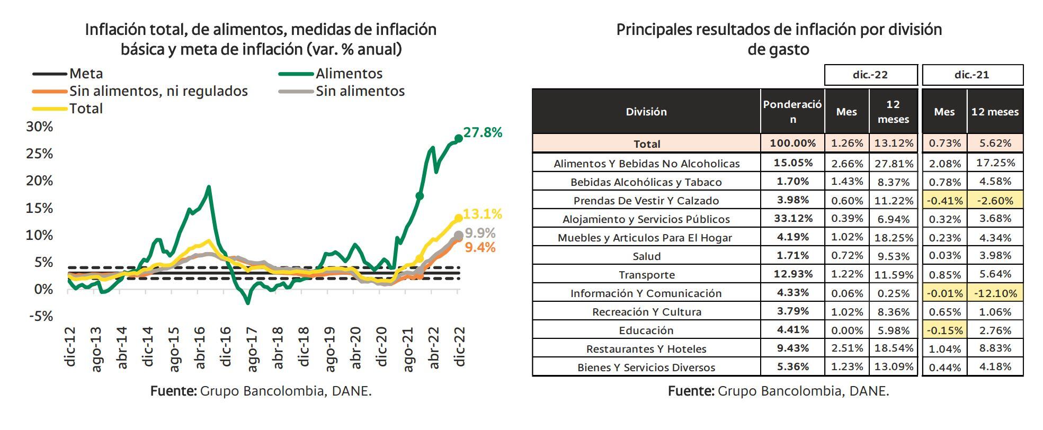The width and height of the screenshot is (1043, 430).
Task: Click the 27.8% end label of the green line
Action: coord(483,133)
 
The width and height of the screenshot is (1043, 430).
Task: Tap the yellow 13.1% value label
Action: coord(482,214)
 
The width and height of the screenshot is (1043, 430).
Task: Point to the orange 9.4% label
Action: coord(480,247)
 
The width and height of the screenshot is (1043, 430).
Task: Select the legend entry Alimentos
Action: coord(349,74)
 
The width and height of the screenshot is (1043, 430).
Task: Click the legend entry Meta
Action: coord(86,74)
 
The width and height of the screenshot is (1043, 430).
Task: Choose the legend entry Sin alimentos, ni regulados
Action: coord(158,91)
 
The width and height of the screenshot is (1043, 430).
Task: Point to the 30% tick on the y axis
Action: coord(40,127)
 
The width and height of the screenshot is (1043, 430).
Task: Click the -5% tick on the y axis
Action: coord(41,316)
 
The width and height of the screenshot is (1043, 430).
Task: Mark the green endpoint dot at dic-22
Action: coord(458,139)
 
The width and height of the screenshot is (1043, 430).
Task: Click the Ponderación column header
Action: coord(792,111)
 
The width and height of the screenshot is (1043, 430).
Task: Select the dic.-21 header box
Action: coord(972,75)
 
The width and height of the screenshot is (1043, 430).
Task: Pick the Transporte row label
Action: coord(646,275)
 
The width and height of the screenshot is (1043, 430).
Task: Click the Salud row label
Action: coord(646,256)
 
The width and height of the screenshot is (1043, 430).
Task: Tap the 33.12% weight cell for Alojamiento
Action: coord(792,219)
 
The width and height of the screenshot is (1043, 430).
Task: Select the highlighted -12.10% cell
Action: coord(995,293)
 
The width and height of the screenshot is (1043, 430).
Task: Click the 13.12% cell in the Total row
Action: coord(893,143)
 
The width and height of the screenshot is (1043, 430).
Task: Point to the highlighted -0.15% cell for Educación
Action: coord(944,330)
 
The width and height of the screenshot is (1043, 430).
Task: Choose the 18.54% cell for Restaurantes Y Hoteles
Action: coord(893,348)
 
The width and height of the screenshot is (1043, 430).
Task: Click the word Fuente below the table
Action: coord(691,391)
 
